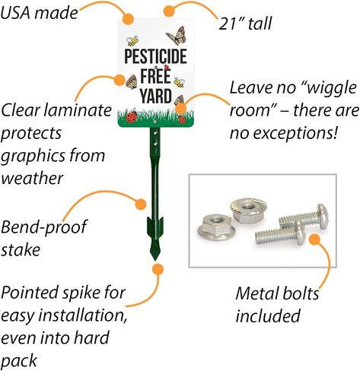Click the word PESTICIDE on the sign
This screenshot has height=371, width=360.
(x=155, y=56)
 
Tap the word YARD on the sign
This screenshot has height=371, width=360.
(x=156, y=96)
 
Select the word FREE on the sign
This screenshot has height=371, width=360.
(x=155, y=76)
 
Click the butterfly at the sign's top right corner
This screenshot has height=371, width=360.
(x=176, y=36)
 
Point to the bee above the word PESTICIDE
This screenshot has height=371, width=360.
(x=132, y=41)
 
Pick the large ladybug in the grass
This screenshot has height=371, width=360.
(x=132, y=117)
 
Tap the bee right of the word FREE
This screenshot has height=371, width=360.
(x=180, y=82)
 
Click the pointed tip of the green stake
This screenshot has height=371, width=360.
(x=155, y=259)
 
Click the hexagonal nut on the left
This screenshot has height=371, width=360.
(x=216, y=227)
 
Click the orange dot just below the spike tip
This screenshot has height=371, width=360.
(x=158, y=269)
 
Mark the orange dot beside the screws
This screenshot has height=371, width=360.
(x=315, y=239)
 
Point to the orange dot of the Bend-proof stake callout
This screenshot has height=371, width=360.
(x=141, y=204)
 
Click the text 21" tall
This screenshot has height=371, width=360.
(x=245, y=24)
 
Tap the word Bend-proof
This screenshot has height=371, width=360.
(x=43, y=227)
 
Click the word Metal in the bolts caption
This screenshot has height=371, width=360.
(x=255, y=293)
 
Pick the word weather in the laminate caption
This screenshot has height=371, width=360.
(x=32, y=178)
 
